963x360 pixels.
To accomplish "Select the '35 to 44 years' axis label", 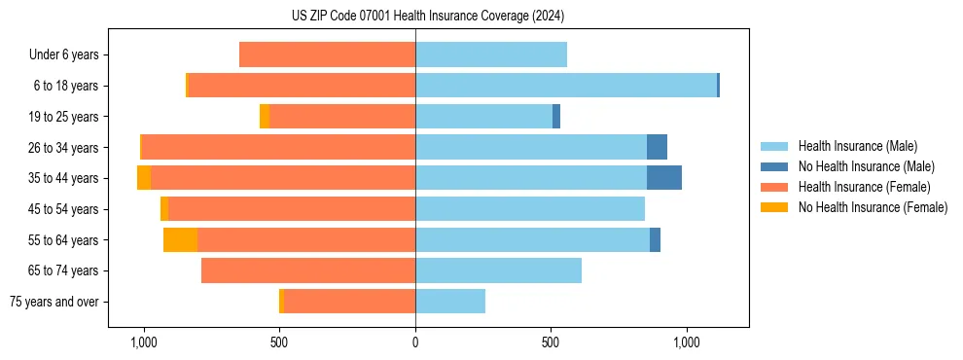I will pyautogui.click(x=64, y=178).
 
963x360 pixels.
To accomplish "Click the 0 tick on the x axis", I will pyautogui.click(x=415, y=342).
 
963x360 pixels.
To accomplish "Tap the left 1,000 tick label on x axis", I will pyautogui.click(x=143, y=342).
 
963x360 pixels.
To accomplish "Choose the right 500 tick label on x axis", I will pyautogui.click(x=551, y=342).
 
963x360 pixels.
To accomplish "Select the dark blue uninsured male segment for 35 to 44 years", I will pyautogui.click(x=664, y=178).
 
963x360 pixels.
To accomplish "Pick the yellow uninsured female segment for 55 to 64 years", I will pyautogui.click(x=180, y=240).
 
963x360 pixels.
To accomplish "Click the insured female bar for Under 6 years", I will pyautogui.click(x=327, y=55).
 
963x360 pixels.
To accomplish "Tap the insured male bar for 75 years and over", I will pyautogui.click(x=450, y=302).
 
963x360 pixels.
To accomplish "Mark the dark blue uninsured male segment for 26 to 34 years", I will pyautogui.click(x=657, y=147).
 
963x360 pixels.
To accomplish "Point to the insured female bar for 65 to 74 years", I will pyautogui.click(x=308, y=270).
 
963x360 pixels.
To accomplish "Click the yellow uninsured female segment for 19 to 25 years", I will pyautogui.click(x=265, y=117).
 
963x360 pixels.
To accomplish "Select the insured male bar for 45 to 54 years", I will pyautogui.click(x=530, y=209).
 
